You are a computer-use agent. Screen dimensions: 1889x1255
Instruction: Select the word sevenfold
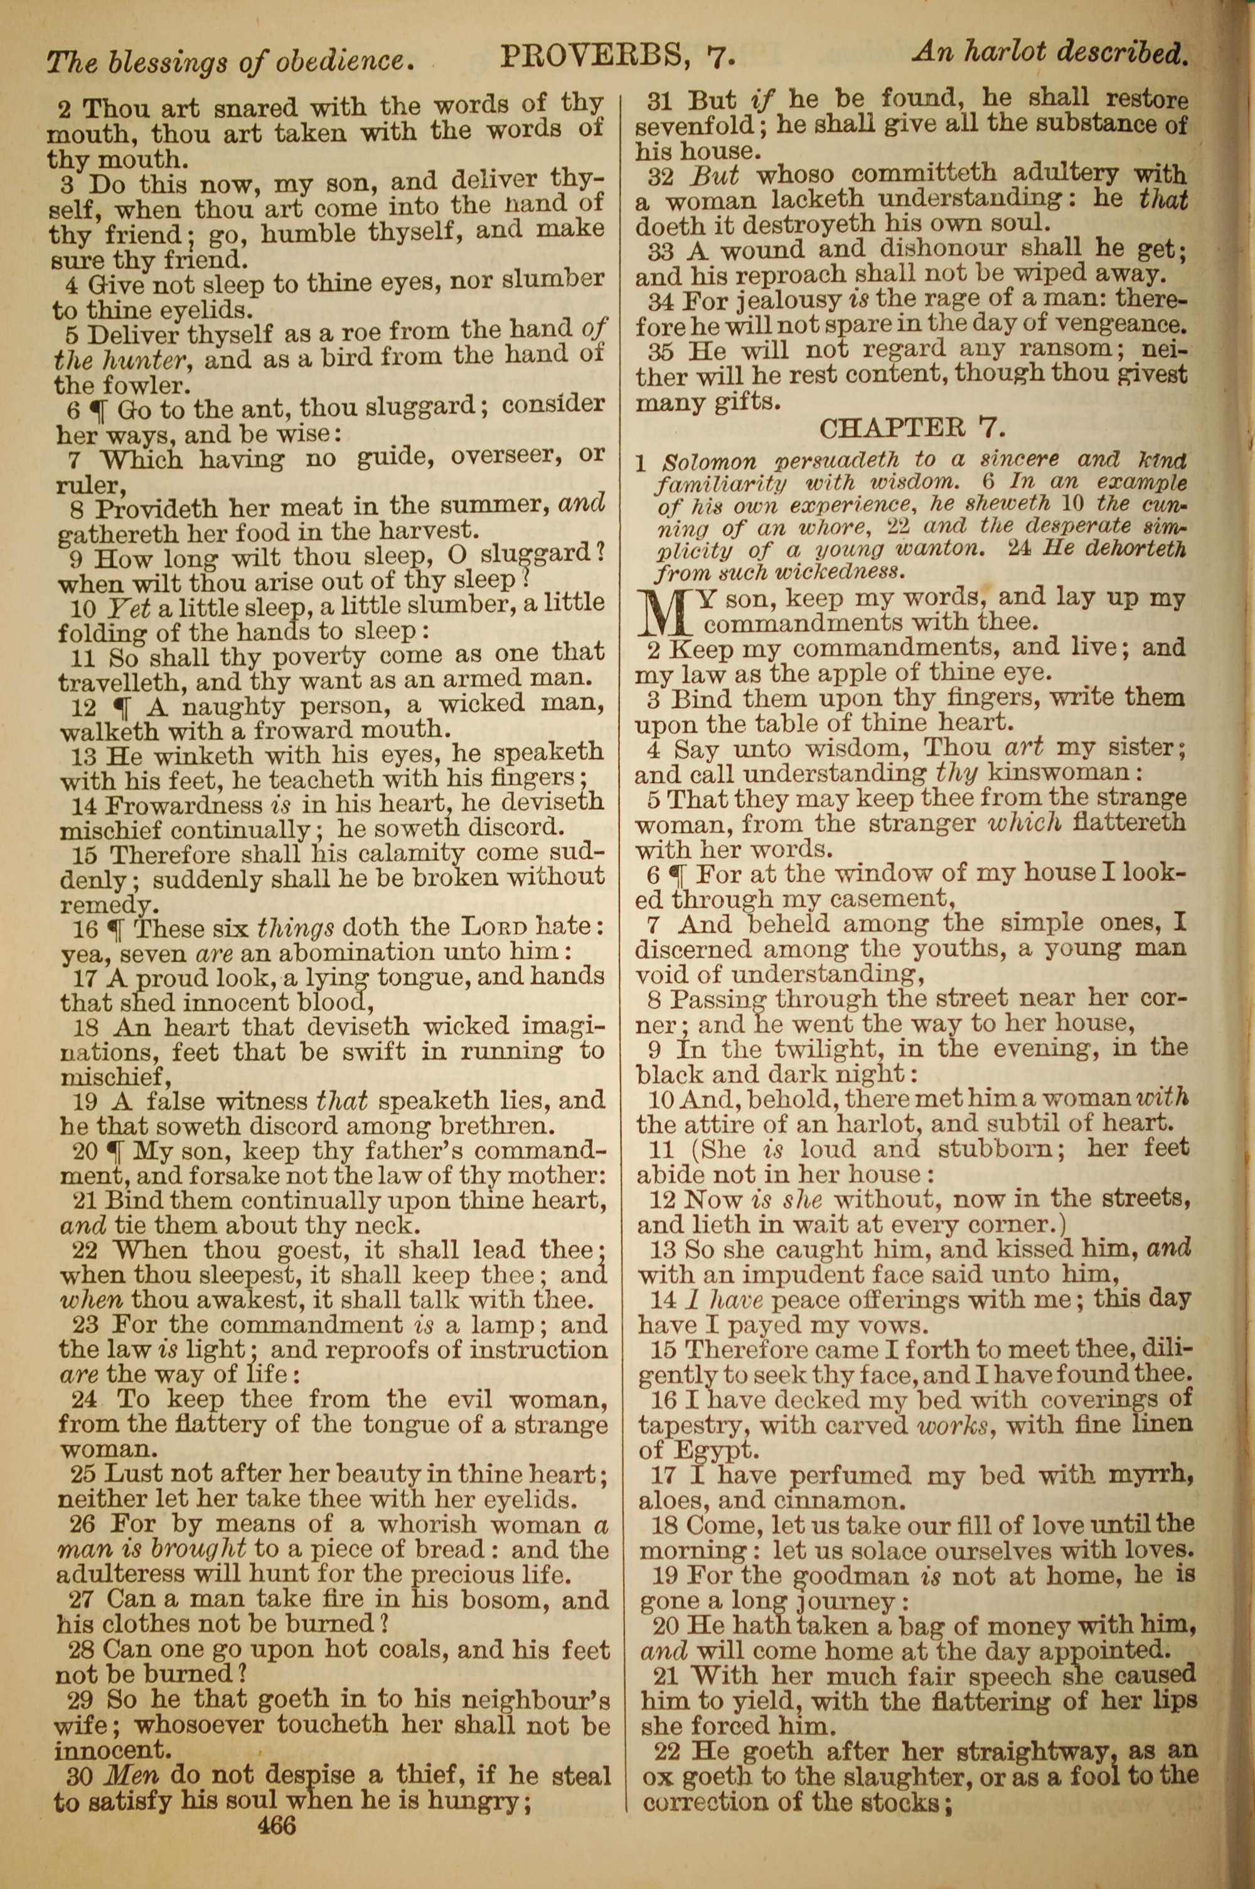[x=695, y=126]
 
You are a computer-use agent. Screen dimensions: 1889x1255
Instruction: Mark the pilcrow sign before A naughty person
[x=122, y=707]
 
